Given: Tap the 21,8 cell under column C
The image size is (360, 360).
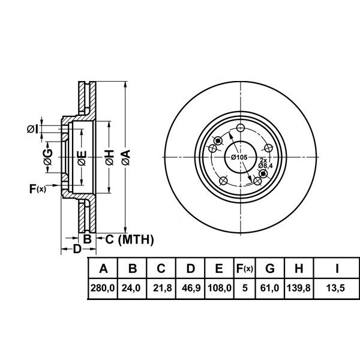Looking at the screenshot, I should (161, 288).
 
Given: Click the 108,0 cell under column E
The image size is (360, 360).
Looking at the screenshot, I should (219, 288).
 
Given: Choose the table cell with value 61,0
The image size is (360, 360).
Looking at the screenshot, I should (269, 288).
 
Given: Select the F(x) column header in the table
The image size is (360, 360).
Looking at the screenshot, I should (244, 268).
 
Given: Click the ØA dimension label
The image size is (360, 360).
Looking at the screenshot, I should (126, 158).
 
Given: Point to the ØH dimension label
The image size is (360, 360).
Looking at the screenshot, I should (109, 158).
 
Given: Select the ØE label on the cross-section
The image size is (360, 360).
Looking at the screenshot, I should (82, 158).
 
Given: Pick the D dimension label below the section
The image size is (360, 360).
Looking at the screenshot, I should (76, 249).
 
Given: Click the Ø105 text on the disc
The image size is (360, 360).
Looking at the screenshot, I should (239, 157).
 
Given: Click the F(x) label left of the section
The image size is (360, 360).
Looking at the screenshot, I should (37, 190).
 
